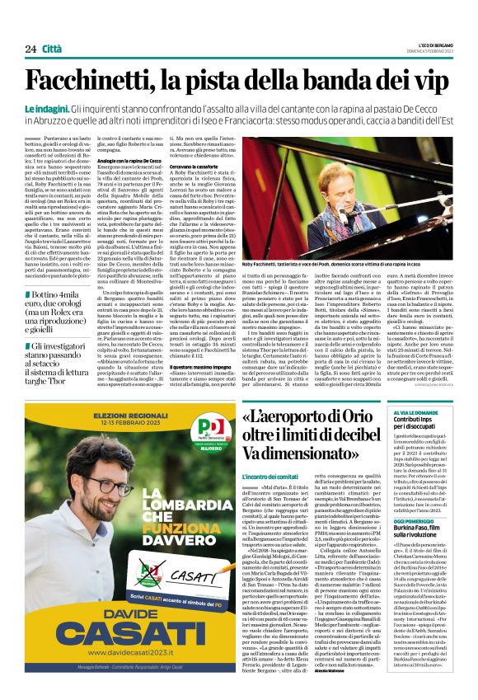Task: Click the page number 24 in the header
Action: [x=30, y=49]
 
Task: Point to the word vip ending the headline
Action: [x=433, y=79]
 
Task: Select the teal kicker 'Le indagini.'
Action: [x=46, y=109]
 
